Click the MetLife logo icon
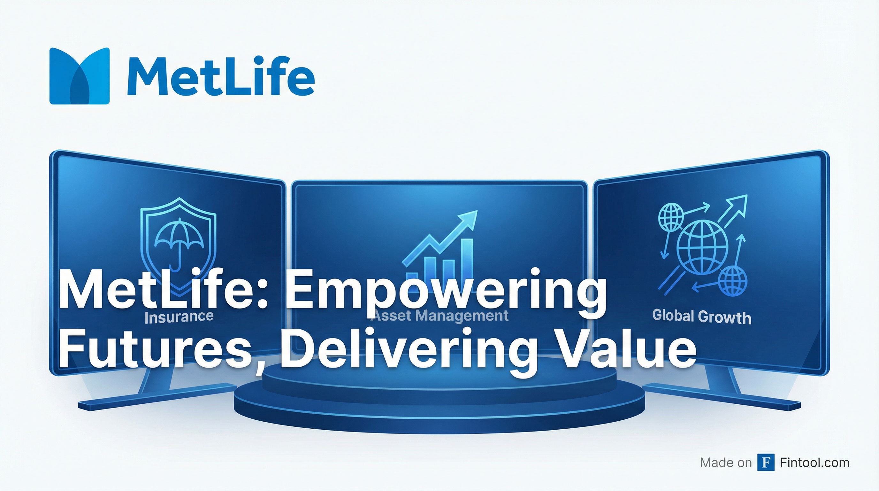80,76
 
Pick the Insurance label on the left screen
179,317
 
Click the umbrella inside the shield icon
179,241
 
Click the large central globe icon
702,248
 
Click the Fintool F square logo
766,463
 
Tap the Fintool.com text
814,463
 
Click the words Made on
726,463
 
